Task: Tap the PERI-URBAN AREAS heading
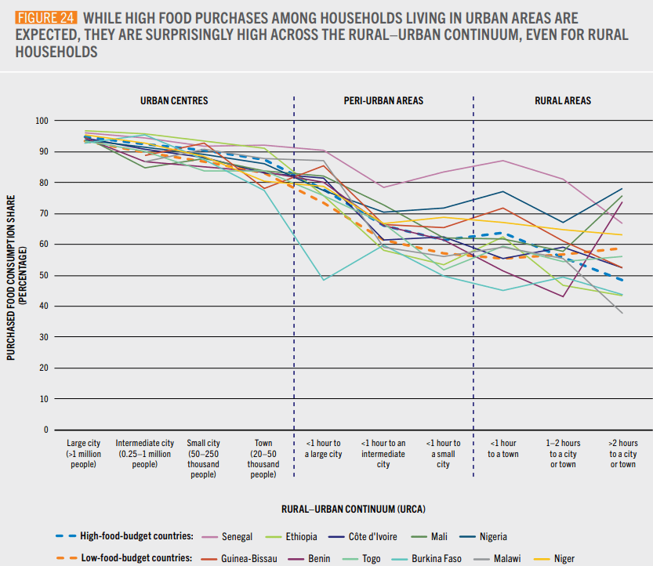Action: (383, 101)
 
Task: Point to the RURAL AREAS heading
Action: (562, 101)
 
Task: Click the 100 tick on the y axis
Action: (41, 121)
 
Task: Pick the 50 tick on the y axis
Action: (42, 275)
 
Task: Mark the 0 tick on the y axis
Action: (45, 430)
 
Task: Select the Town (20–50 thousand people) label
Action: (263, 459)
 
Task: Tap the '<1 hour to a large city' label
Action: (323, 448)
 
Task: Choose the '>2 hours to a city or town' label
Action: (622, 454)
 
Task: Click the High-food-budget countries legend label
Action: (136, 536)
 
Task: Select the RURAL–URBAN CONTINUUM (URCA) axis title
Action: (353, 509)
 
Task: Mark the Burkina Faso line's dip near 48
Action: (323, 279)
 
